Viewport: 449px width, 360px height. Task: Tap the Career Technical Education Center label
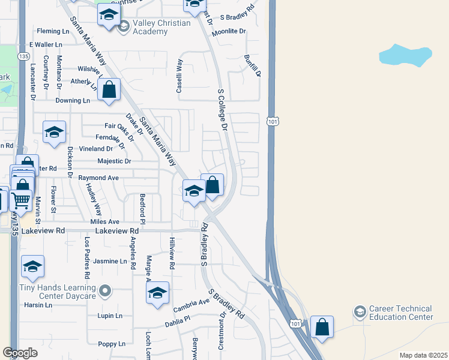pos(400,313)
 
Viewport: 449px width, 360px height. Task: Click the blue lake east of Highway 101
pos(405,55)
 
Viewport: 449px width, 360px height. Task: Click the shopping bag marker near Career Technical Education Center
pos(322,328)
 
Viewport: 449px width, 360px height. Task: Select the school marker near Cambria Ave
pos(157,293)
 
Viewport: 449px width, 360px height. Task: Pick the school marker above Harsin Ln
pos(32,266)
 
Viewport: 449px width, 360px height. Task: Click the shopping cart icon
pos(20,200)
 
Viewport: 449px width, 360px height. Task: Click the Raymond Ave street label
pos(98,178)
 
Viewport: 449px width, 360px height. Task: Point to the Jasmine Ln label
pos(110,262)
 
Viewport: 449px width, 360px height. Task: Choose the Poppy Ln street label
pos(112,344)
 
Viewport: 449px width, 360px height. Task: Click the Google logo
pos(20,353)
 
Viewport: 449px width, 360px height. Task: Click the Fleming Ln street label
pos(53,31)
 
